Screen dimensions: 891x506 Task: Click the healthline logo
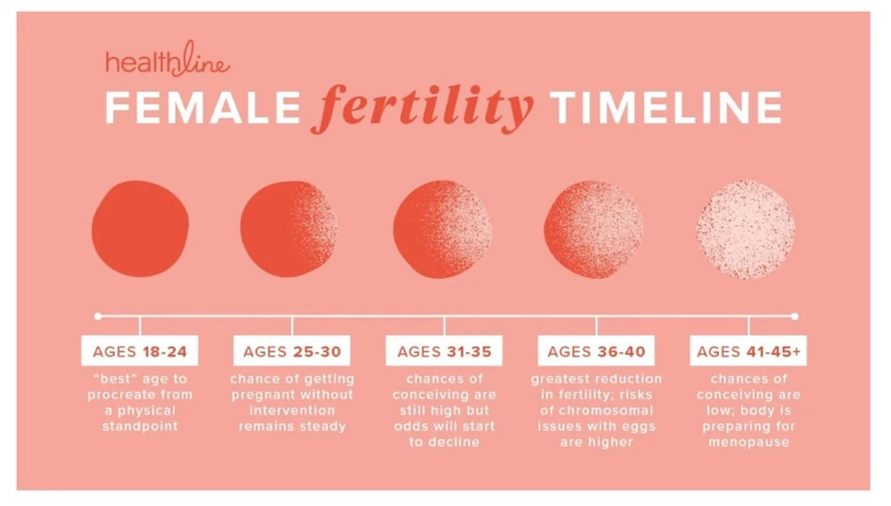(168, 59)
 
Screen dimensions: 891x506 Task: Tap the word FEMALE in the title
(203, 107)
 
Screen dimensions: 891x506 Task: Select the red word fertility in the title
(422, 107)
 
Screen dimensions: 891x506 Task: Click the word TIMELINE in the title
(666, 107)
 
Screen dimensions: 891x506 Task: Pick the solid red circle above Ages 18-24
(141, 228)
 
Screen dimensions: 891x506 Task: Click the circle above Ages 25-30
(290, 228)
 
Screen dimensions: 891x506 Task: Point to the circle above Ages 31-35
(443, 229)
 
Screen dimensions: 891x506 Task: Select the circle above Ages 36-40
(593, 229)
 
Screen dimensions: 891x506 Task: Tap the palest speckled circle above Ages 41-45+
(746, 230)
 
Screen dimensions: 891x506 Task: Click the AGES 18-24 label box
(140, 351)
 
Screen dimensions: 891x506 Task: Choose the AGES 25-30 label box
(292, 351)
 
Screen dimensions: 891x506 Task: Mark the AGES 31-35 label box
(444, 351)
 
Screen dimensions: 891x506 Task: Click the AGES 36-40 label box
(596, 351)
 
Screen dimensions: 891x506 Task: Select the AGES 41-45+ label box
(748, 351)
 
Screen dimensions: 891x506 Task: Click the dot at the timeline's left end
(98, 316)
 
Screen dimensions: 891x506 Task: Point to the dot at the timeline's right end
(795, 316)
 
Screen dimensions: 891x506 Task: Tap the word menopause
(748, 443)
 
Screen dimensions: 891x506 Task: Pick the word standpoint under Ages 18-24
(140, 427)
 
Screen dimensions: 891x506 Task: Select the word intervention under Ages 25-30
(292, 411)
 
